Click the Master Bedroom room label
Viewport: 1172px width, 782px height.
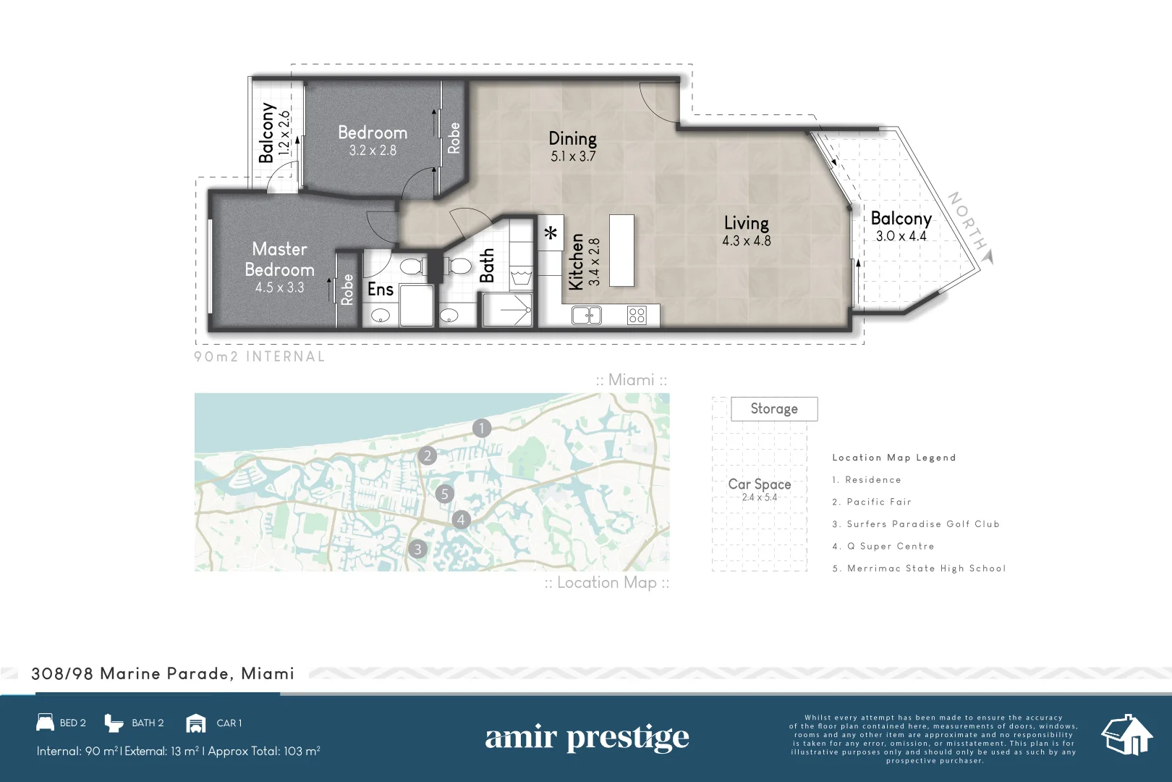pyautogui.click(x=279, y=259)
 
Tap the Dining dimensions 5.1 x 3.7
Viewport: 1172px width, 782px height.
pyautogui.click(x=573, y=156)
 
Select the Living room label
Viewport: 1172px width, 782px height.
pyautogui.click(x=746, y=223)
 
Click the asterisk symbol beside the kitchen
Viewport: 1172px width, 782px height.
pyautogui.click(x=551, y=233)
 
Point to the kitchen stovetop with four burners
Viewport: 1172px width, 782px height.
pyautogui.click(x=637, y=315)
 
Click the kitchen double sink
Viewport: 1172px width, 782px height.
pyautogui.click(x=586, y=315)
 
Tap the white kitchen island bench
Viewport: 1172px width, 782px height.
pyautogui.click(x=621, y=251)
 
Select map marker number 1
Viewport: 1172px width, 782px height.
pyautogui.click(x=482, y=428)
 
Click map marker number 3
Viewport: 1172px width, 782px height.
pyautogui.click(x=417, y=550)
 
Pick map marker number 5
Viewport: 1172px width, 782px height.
pyautogui.click(x=444, y=494)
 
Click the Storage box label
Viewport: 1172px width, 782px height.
pyautogui.click(x=774, y=409)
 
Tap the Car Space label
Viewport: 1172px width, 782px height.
pyautogui.click(x=759, y=484)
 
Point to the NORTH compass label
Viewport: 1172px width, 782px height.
pyautogui.click(x=967, y=221)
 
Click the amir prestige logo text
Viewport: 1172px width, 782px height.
pyautogui.click(x=587, y=738)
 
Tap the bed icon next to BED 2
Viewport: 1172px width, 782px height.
pyautogui.click(x=46, y=723)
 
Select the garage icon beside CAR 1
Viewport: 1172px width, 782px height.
pyautogui.click(x=195, y=723)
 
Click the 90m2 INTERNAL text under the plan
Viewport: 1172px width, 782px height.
pyautogui.click(x=259, y=357)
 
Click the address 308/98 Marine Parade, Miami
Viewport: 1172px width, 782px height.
pyautogui.click(x=163, y=674)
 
